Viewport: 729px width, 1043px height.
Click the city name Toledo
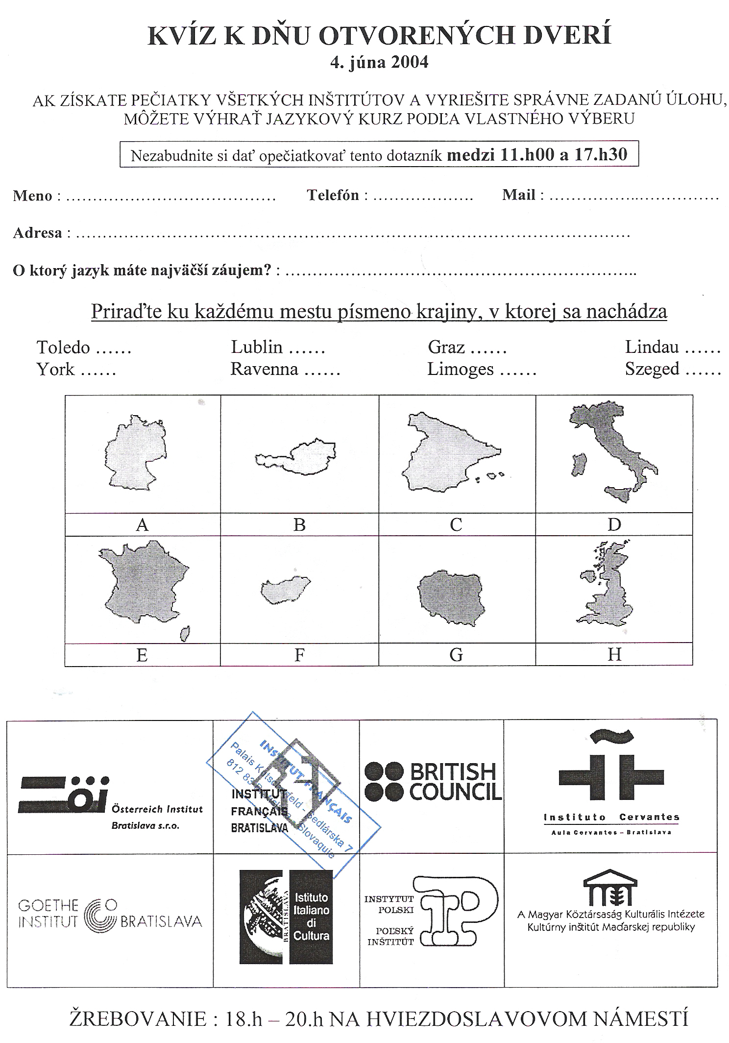click(x=63, y=348)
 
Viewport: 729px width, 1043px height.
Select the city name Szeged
click(x=652, y=369)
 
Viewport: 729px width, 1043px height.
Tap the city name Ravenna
click(x=264, y=369)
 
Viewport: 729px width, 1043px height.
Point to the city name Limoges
click(x=460, y=369)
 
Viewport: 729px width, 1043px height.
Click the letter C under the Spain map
click(x=456, y=525)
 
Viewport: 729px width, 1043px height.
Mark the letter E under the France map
click(x=142, y=655)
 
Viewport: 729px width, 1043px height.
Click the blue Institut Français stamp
click(x=294, y=789)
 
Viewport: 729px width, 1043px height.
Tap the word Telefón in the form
click(x=333, y=195)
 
